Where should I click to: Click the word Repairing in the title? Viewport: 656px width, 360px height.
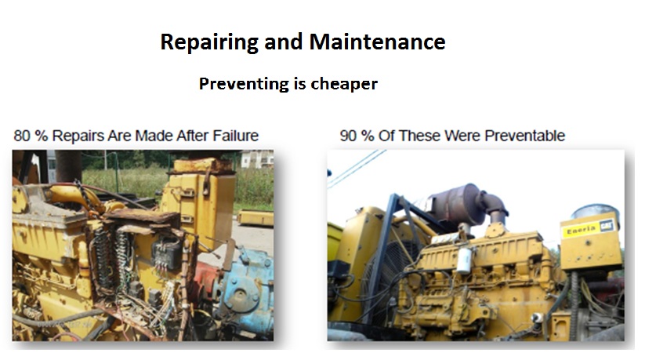pos(209,42)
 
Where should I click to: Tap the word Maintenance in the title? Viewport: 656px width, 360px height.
pos(377,42)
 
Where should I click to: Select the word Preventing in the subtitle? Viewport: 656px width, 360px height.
pos(244,84)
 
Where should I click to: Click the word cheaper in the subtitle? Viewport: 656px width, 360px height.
pos(344,84)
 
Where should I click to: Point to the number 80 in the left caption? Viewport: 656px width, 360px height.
pos(22,136)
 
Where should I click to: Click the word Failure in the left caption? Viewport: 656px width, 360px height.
pos(236,136)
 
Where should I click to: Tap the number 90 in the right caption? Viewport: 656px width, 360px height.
pos(348,136)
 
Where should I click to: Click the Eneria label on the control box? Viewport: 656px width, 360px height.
pos(582,229)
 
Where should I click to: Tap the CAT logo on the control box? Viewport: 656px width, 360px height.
pos(606,226)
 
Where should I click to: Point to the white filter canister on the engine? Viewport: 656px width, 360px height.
pos(464,260)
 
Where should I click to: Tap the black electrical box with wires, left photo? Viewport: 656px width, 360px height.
pos(166,256)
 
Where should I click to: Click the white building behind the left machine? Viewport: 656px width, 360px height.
pos(256,159)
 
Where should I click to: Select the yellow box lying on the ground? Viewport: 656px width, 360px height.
pos(256,218)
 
